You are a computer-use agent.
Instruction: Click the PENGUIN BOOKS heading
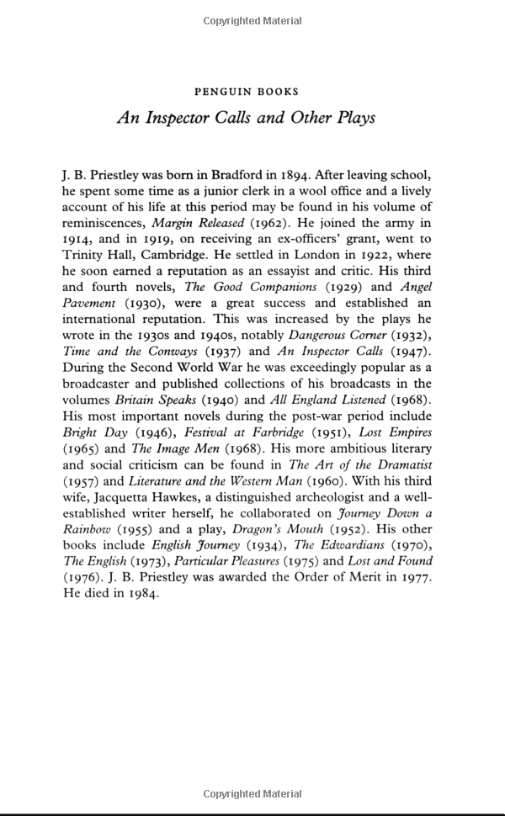(x=246, y=91)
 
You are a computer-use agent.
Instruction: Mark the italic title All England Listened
(x=337, y=400)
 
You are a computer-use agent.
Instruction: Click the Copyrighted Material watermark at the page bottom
(x=252, y=794)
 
